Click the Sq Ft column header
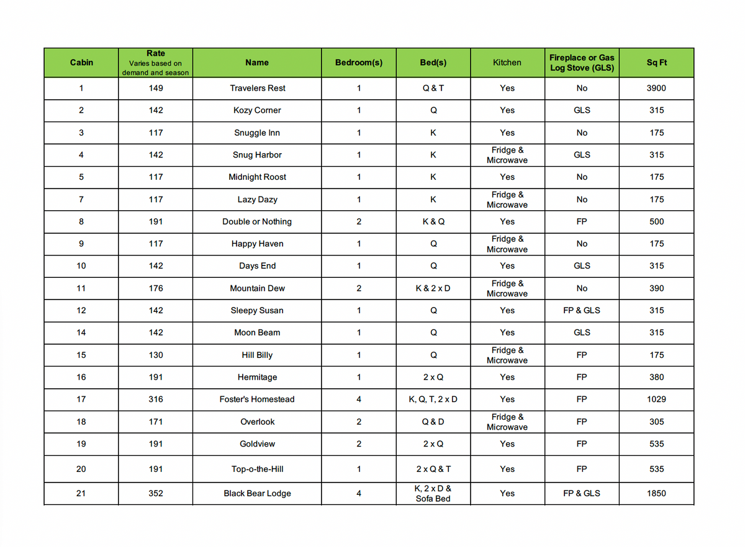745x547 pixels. click(656, 63)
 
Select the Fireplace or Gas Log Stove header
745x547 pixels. click(582, 63)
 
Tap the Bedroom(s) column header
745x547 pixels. click(359, 63)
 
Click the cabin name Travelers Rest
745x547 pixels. click(258, 88)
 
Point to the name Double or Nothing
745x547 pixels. click(257, 221)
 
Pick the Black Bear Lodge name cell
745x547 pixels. click(257, 494)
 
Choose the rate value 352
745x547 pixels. click(156, 494)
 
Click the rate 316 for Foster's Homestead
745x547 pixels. click(156, 399)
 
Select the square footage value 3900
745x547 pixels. click(656, 88)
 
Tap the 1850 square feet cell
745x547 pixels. click(656, 494)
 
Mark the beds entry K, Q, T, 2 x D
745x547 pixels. click(433, 399)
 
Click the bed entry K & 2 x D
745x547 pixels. click(433, 288)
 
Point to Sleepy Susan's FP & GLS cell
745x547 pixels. click(582, 311)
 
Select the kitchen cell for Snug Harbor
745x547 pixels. click(507, 155)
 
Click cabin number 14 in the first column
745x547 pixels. click(81, 333)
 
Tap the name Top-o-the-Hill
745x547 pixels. click(257, 469)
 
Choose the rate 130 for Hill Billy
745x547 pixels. click(156, 355)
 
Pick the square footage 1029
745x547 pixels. click(656, 399)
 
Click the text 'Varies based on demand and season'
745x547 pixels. click(156, 68)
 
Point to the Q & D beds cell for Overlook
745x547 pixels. click(433, 422)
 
